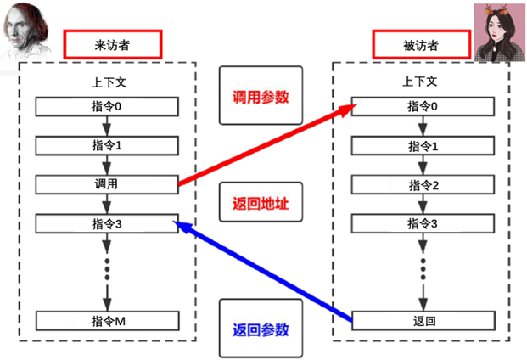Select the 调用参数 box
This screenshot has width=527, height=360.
[x=261, y=97]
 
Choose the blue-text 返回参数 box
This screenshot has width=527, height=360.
[x=261, y=329]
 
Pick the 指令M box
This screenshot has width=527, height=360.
[x=107, y=320]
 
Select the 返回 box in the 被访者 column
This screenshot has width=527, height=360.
[x=423, y=321]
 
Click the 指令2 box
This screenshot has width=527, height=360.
[x=423, y=185]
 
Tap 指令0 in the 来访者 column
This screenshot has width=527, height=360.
[x=107, y=106]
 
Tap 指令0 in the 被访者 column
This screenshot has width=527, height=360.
[x=423, y=106]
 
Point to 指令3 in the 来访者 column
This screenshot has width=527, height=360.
[x=107, y=223]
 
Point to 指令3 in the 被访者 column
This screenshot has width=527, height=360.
[x=423, y=224]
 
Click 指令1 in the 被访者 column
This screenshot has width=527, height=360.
[x=423, y=146]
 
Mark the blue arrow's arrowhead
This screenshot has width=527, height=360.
[x=179, y=224]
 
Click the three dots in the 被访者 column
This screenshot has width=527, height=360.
[x=423, y=269]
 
